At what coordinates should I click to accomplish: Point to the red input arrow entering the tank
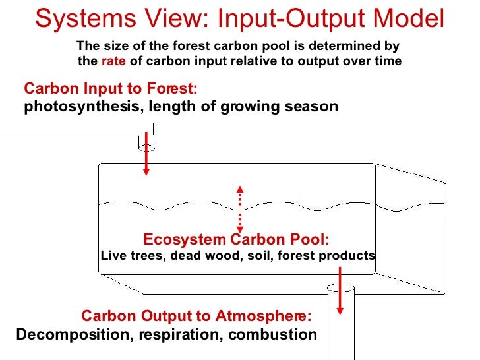click(x=146, y=158)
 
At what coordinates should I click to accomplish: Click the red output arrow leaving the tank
click(x=341, y=290)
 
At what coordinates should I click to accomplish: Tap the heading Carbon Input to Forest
click(x=110, y=89)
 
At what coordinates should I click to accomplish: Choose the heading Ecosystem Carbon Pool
click(x=236, y=239)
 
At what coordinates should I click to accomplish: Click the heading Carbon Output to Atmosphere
click(x=196, y=316)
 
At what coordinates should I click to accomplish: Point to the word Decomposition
click(x=73, y=334)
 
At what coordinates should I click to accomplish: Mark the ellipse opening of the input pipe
click(x=146, y=148)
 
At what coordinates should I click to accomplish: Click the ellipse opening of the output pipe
click(x=340, y=288)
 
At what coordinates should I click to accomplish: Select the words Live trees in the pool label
click(x=124, y=255)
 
